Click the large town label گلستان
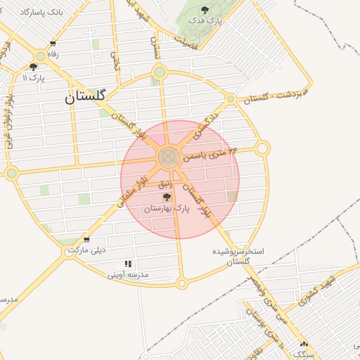(x=94, y=96)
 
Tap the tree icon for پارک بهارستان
(x=167, y=198)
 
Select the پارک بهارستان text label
(x=167, y=209)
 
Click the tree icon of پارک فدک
(x=205, y=11)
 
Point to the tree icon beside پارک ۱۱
(x=34, y=67)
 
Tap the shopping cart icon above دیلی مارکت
(x=86, y=240)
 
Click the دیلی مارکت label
(x=86, y=250)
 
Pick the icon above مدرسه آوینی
(x=128, y=264)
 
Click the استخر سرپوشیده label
(x=239, y=251)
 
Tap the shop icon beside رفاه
(x=52, y=43)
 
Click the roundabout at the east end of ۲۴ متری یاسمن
(x=262, y=148)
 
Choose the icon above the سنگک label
(x=304, y=345)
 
